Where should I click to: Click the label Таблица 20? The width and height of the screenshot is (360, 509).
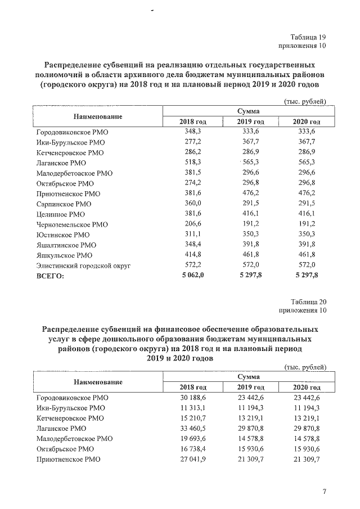308,301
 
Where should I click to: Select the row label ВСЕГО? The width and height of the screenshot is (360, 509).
50,276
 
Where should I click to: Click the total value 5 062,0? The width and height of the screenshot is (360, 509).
192,276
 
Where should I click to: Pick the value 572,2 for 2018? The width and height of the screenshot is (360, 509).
193,265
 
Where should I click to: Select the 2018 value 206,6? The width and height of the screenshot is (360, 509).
193,224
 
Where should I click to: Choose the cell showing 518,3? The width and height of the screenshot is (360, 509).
193,163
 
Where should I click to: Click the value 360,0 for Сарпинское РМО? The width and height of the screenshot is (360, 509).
193,204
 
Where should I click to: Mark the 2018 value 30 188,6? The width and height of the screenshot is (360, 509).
193,398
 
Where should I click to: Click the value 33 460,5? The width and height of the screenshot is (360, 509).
193,428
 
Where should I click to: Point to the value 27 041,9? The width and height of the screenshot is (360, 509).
193,459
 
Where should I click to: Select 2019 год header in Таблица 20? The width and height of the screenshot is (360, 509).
251,388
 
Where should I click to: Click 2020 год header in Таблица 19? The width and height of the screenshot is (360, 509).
307,122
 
